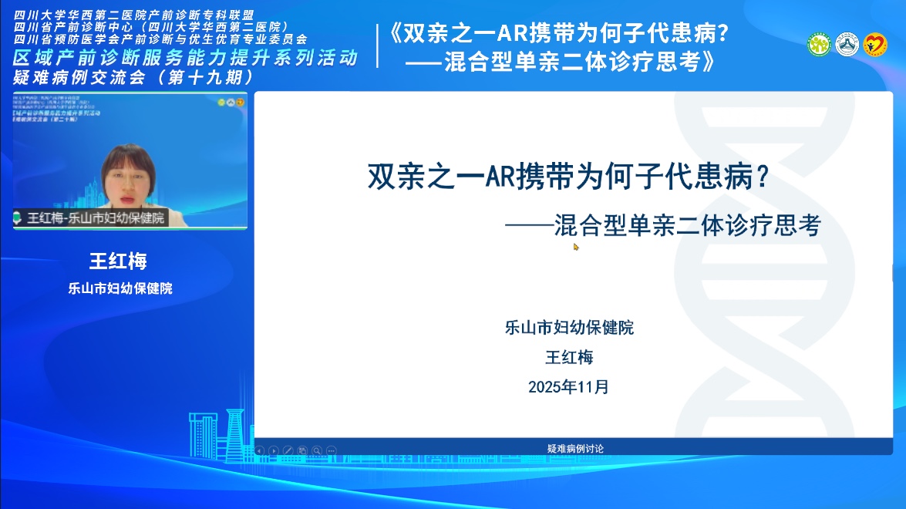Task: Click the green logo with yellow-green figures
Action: coord(819,45)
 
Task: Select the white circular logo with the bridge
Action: coord(847,45)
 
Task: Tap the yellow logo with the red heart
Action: coord(875,45)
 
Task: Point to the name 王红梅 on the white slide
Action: coord(569,357)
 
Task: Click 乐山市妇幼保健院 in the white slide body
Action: coord(569,327)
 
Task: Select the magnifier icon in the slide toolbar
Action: coord(317,450)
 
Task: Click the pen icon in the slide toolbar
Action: coord(288,450)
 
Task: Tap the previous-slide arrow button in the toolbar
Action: coord(259,450)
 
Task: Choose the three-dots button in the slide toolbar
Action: coord(332,450)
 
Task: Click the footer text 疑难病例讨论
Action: coord(575,448)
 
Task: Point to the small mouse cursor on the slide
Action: coord(575,247)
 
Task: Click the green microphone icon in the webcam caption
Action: coord(18,218)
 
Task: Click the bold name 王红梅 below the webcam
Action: coord(118,261)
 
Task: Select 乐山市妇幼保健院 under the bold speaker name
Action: coord(120,289)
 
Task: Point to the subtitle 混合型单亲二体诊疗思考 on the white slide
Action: coord(686,225)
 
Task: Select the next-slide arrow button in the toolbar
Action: coord(274,450)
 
